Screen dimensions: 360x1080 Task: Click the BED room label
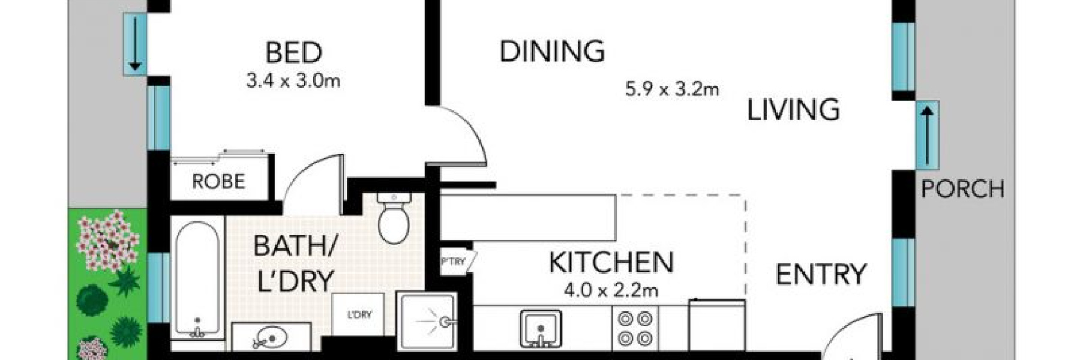click(293, 53)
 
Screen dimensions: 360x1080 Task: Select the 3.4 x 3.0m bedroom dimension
click(293, 80)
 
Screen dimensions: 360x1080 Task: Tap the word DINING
click(552, 52)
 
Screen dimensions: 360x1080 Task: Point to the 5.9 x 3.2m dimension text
click(672, 90)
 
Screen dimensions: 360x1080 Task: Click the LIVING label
click(793, 110)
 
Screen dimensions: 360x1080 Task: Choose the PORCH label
click(962, 190)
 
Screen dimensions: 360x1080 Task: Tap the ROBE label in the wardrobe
click(218, 181)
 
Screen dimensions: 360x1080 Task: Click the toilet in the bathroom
click(394, 218)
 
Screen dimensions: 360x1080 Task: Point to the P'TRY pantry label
click(454, 262)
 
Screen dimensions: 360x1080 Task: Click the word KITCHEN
click(611, 263)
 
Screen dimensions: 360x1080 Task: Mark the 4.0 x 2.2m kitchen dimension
click(611, 291)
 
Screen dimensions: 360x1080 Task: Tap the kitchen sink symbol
click(540, 329)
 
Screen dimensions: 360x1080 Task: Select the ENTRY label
click(821, 275)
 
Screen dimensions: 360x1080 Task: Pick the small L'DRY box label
click(359, 314)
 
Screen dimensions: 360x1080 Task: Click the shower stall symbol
click(427, 322)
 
